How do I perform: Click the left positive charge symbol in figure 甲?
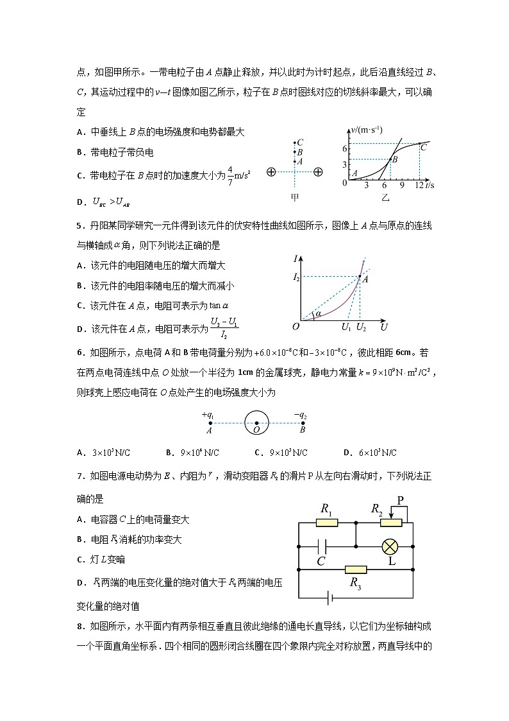(x=271, y=172)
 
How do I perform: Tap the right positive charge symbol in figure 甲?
(x=318, y=172)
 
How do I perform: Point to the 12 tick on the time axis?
(x=419, y=186)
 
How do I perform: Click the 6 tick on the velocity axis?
(x=344, y=148)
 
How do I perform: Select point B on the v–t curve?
(x=391, y=159)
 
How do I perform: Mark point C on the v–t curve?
(x=420, y=143)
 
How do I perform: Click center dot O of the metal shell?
(x=256, y=423)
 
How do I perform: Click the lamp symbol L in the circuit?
(x=391, y=546)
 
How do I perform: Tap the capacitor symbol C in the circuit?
(x=322, y=546)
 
